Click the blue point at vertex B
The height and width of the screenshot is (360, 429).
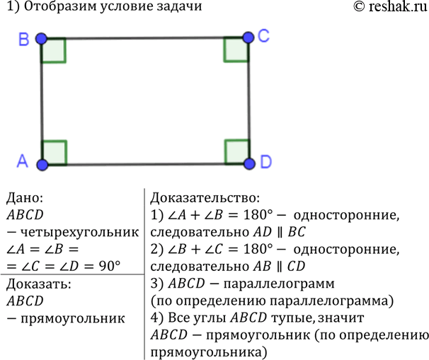pyautogui.click(x=41, y=38)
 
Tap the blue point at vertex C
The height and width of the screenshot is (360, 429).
pyautogui.click(x=248, y=37)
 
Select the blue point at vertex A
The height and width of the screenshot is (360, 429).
pyautogui.click(x=42, y=165)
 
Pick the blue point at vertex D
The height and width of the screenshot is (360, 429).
pyautogui.click(x=249, y=163)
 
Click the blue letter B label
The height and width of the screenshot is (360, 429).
pyautogui.click(x=24, y=39)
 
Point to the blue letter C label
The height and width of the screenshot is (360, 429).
pyautogui.click(x=264, y=36)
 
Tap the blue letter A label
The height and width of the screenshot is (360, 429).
pyautogui.click(x=23, y=161)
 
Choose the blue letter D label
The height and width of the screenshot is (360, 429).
pyautogui.click(x=266, y=161)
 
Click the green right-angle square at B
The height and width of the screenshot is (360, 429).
pyautogui.click(x=54, y=50)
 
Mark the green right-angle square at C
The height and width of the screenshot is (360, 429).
pyautogui.click(x=236, y=50)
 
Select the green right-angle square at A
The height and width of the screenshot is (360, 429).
pyautogui.click(x=55, y=153)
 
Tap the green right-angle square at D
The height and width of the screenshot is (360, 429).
pyautogui.click(x=237, y=151)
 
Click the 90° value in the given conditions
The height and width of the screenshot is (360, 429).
pyautogui.click(x=110, y=266)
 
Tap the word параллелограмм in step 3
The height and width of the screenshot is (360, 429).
pyautogui.click(x=279, y=284)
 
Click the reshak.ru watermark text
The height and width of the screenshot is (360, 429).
pyautogui.click(x=397, y=6)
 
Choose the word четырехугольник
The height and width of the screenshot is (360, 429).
pyautogui.click(x=80, y=233)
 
